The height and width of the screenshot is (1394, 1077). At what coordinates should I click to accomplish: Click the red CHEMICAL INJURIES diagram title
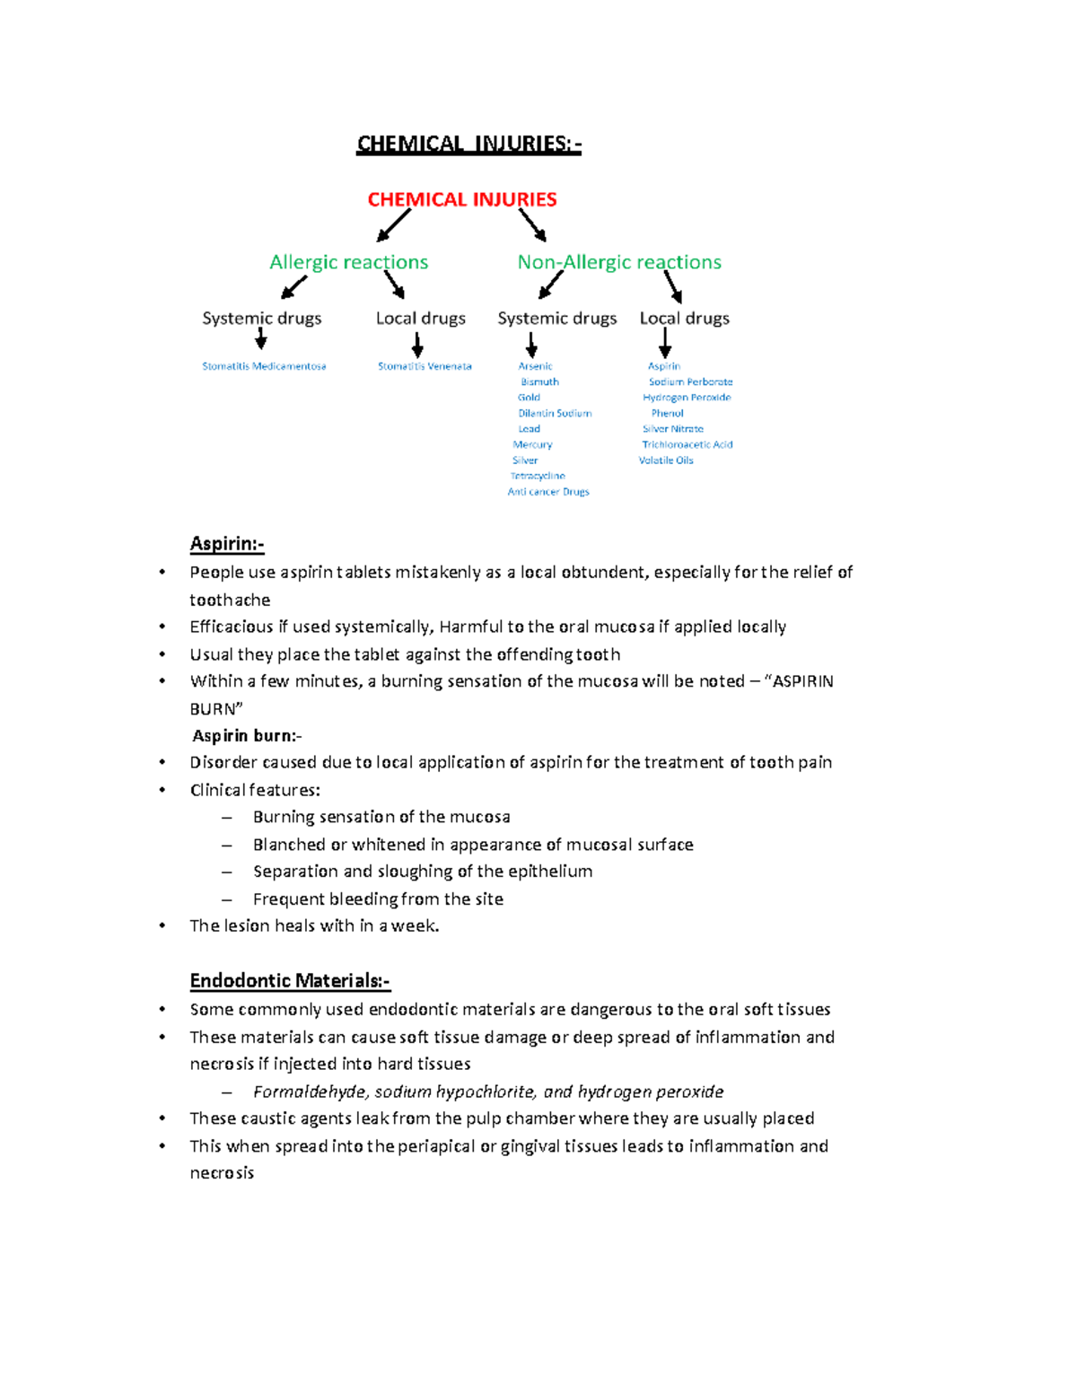click(x=462, y=199)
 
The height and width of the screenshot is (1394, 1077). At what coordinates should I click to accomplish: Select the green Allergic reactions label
click(x=348, y=262)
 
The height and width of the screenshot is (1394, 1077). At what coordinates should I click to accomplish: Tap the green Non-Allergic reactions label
click(x=619, y=262)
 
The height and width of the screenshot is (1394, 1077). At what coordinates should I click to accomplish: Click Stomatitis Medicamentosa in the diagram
click(x=264, y=366)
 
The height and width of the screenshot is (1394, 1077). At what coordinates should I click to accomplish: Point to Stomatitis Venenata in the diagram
click(x=425, y=366)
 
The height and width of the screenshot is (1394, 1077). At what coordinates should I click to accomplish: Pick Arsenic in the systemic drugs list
click(x=535, y=366)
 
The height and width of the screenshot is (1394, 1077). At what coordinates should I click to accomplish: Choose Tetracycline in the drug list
click(x=538, y=476)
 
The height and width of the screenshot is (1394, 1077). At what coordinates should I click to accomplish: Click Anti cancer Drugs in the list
click(x=548, y=492)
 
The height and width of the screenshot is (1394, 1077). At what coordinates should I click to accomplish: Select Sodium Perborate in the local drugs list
click(x=690, y=381)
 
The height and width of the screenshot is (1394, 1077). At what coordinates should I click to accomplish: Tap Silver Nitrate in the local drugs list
click(x=673, y=429)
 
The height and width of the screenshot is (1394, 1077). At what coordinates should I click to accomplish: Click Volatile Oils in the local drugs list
click(x=666, y=460)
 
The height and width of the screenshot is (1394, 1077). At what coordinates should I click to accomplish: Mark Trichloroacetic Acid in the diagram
click(x=687, y=444)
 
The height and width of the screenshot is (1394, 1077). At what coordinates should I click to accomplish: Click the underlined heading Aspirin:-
click(x=227, y=544)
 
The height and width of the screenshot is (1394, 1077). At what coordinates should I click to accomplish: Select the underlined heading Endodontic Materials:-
click(x=290, y=981)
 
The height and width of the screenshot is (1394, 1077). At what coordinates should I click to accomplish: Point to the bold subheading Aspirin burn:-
click(x=247, y=736)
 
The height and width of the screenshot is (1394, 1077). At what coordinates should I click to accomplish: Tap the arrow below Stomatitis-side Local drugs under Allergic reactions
click(x=417, y=346)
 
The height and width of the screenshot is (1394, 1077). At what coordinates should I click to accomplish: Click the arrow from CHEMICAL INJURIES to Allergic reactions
click(x=393, y=225)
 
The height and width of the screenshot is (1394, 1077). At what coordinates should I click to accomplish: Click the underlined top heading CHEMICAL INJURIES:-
click(x=468, y=144)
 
